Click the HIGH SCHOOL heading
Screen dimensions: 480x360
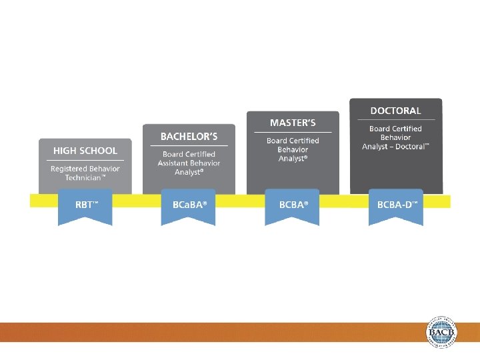(85, 151)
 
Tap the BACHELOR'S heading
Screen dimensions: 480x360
(189, 137)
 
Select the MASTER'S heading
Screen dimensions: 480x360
(293, 123)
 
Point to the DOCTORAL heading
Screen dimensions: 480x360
(396, 111)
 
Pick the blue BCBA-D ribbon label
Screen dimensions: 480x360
(397, 205)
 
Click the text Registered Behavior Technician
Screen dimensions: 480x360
(85, 173)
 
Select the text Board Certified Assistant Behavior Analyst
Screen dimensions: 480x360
(189, 163)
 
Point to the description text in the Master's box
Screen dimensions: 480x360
(293, 149)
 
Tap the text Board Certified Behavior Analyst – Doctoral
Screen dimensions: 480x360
(396, 137)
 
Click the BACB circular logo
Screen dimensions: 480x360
(442, 331)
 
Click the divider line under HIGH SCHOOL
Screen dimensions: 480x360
(85, 161)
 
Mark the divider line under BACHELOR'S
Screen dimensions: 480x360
(189, 146)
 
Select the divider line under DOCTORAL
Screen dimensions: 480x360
(396, 120)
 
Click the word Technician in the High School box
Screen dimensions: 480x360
(83, 178)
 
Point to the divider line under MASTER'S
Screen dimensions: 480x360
(293, 132)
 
